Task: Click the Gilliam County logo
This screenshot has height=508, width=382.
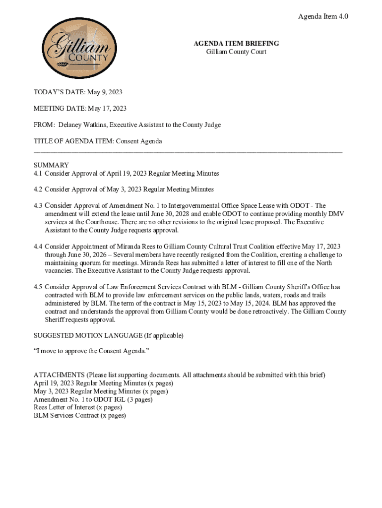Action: click(76, 49)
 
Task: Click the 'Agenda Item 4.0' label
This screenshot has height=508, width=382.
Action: click(323, 16)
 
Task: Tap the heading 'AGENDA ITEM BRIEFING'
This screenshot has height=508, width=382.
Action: click(236, 44)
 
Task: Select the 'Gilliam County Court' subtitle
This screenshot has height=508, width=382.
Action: click(236, 52)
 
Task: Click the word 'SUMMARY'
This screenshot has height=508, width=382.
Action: click(51, 165)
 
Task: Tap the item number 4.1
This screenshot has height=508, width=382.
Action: click(38, 174)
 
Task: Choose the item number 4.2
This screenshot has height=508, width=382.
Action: click(38, 190)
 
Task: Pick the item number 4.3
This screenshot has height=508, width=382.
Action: click(38, 205)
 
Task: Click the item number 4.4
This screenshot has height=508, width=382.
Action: click(38, 247)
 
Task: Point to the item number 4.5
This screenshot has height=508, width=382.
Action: click(38, 287)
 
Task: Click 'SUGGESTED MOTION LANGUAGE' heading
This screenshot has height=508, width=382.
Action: click(88, 336)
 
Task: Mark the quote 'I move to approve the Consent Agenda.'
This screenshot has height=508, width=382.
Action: click(91, 351)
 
